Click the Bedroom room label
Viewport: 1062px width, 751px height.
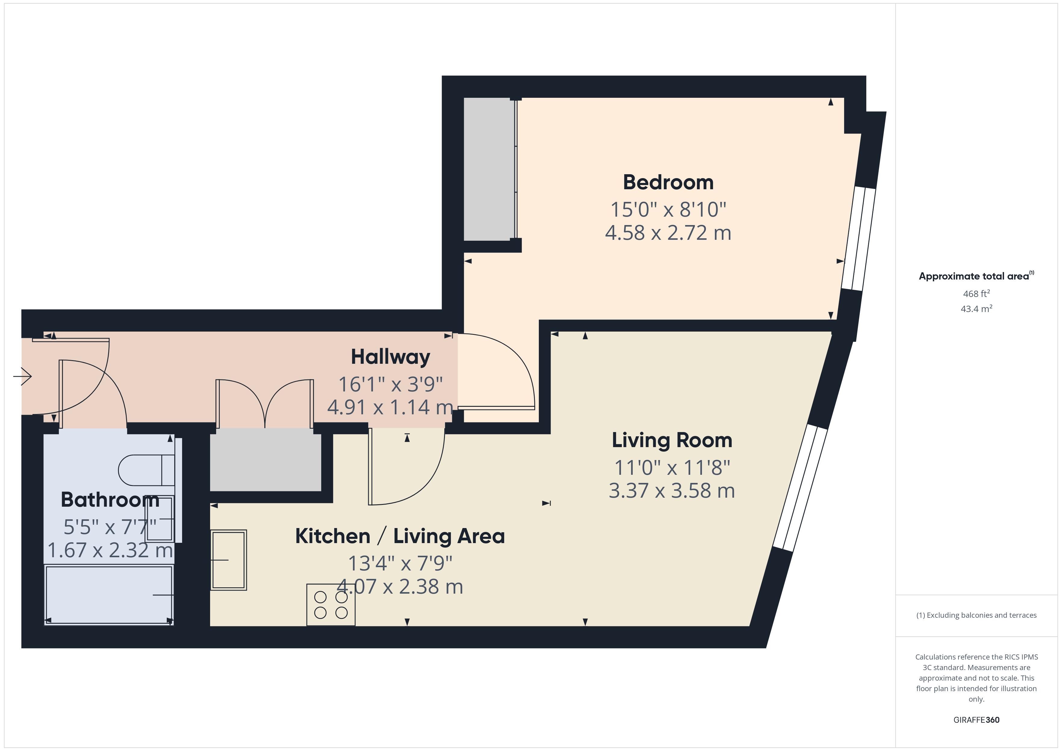point(668,182)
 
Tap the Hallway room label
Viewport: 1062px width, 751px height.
point(390,357)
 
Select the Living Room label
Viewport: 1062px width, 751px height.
point(672,440)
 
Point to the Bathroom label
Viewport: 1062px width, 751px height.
point(110,500)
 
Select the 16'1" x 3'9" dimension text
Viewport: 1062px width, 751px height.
point(390,384)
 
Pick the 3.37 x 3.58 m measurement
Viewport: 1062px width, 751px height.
point(672,491)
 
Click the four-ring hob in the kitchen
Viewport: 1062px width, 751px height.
point(331,605)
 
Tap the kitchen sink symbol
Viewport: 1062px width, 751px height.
point(228,560)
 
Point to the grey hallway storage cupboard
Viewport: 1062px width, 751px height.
point(265,460)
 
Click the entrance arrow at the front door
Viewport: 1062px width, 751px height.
point(22,376)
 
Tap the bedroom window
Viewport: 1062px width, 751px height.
point(858,239)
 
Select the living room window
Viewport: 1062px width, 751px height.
point(800,488)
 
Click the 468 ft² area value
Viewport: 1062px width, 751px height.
point(976,294)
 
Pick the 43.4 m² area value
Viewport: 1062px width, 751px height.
point(976,309)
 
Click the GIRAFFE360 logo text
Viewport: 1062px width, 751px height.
point(976,720)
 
